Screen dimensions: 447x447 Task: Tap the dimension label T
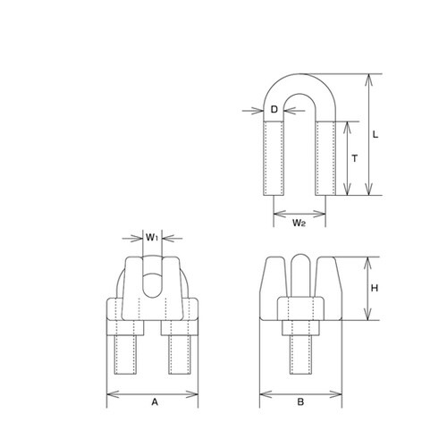tap(356, 158)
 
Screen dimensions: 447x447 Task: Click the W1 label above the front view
tap(151, 238)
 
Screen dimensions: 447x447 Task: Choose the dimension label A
tap(154, 402)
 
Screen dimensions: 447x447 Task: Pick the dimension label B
tap(301, 402)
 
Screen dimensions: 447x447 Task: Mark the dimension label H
tap(376, 289)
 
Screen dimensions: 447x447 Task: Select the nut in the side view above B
tap(301, 310)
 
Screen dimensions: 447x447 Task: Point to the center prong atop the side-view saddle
tap(301, 273)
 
